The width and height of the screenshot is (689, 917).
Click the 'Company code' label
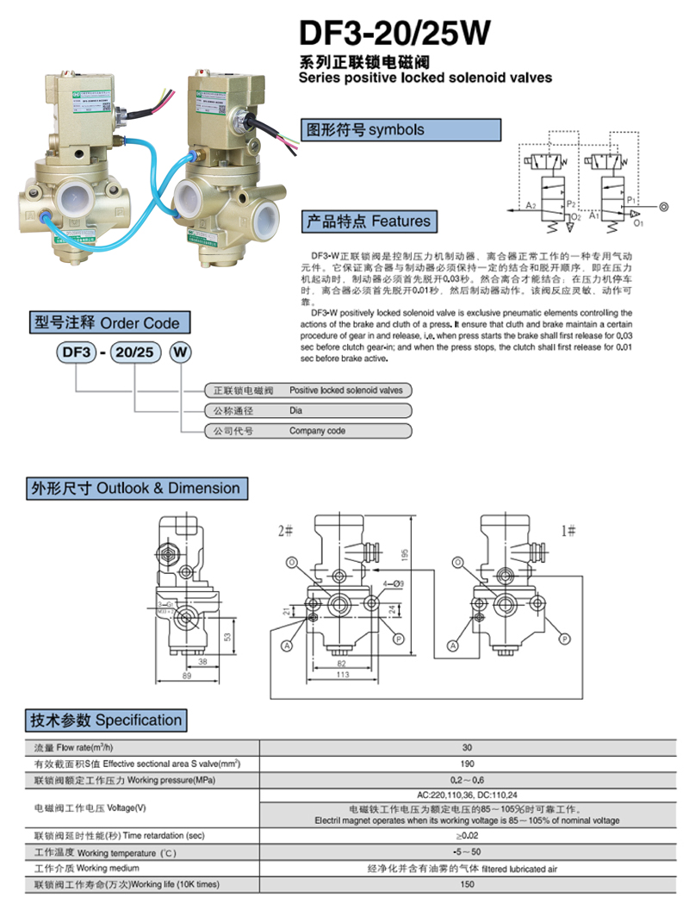coord(317,431)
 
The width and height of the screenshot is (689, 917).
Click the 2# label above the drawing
coord(286,530)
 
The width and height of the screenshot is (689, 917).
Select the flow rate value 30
coord(467,748)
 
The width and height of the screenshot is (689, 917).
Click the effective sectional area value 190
coord(467,764)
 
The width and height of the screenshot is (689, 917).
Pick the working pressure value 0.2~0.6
coord(467,781)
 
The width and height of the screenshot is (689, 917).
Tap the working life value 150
coord(467,885)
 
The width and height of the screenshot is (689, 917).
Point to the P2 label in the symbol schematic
coord(570,203)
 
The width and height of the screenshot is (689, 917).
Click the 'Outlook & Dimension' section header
coord(135,489)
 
